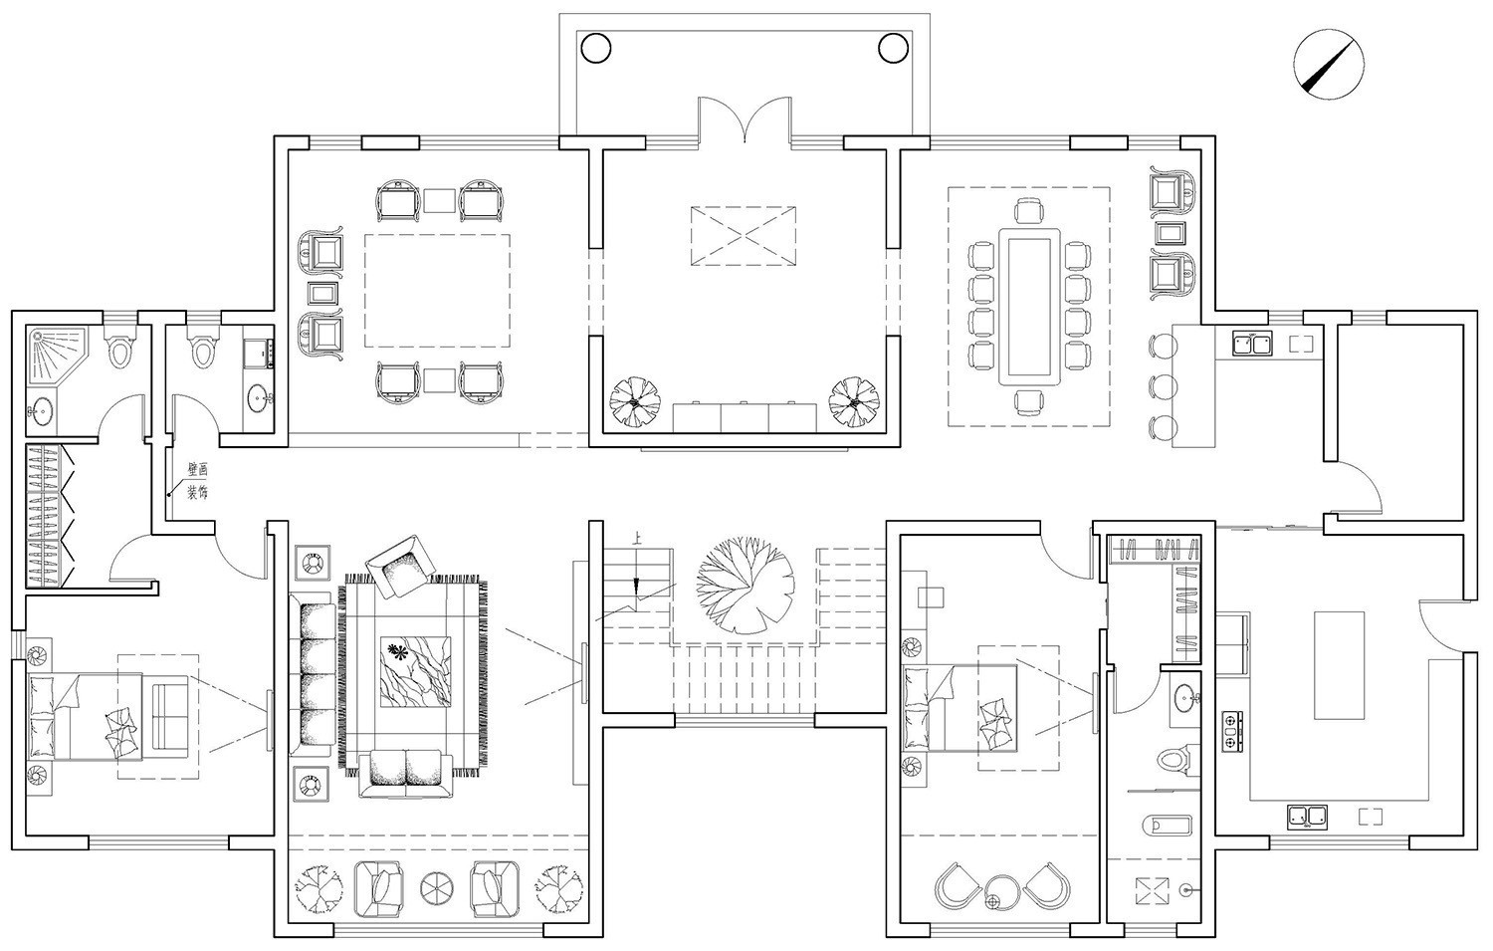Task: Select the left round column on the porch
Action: click(x=594, y=46)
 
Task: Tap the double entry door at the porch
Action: click(x=745, y=121)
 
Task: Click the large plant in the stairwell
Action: click(x=743, y=583)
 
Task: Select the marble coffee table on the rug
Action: click(x=413, y=671)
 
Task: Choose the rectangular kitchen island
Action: click(x=1341, y=665)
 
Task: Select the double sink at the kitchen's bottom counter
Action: click(x=1305, y=817)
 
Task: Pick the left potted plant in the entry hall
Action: click(x=635, y=400)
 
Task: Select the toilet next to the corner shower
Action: click(x=119, y=349)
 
